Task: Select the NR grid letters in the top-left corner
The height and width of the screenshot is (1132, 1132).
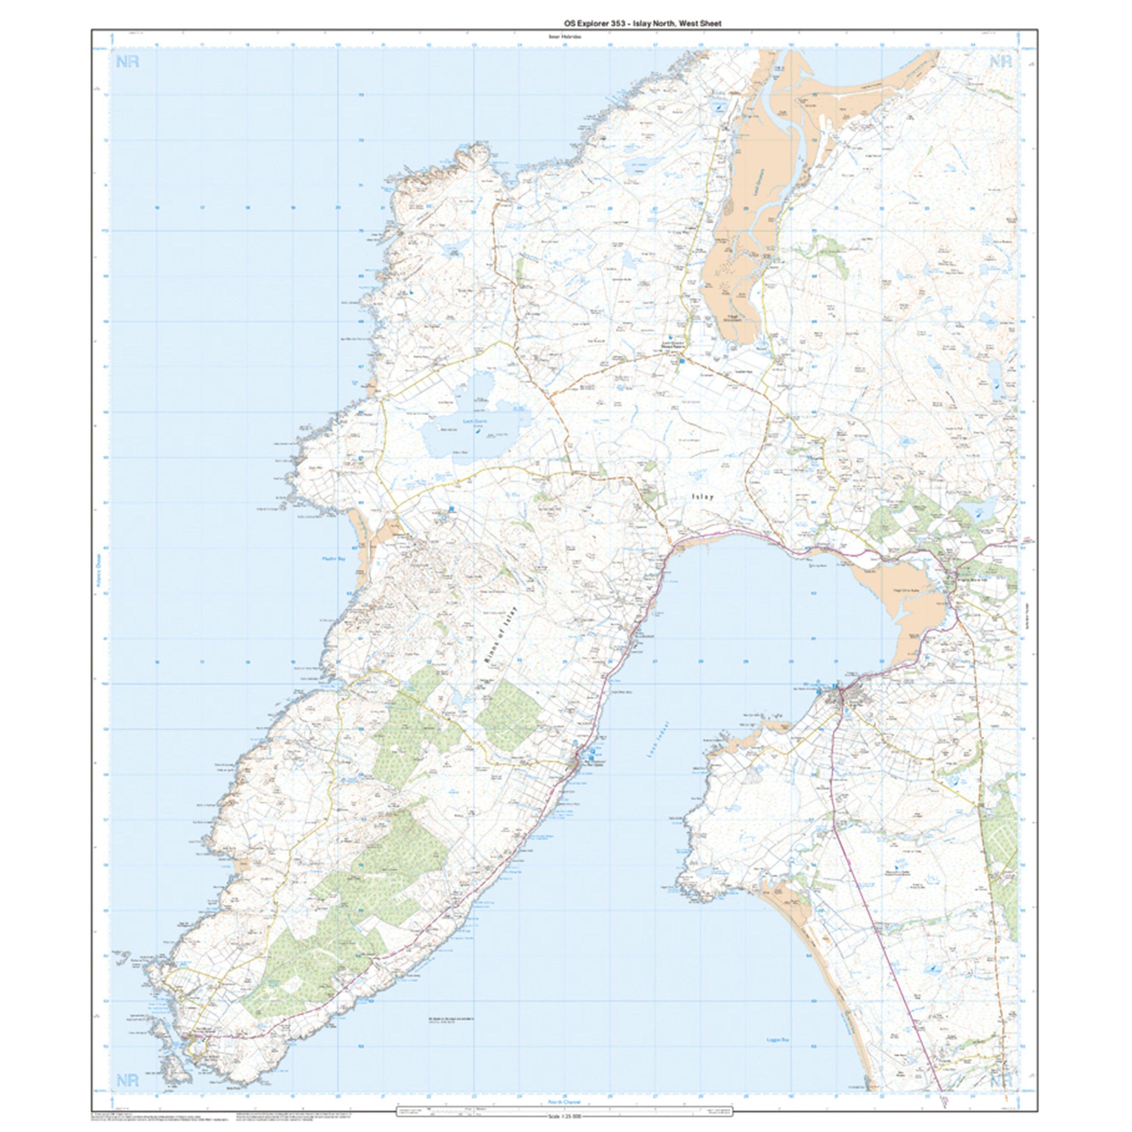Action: [x=128, y=62]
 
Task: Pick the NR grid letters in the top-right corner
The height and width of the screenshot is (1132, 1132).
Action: [x=1001, y=62]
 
